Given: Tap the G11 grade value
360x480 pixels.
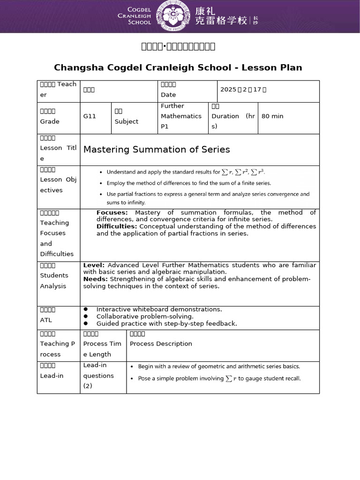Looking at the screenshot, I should pos(90,116).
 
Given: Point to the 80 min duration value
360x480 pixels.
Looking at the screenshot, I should pos(272,116).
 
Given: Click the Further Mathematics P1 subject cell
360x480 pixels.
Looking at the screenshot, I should pos(181,116).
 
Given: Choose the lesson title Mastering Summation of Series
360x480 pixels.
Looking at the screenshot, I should pos(157,150).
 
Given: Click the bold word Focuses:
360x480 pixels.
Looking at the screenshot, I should pos(112,213).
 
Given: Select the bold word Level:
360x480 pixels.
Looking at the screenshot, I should pos(94,265).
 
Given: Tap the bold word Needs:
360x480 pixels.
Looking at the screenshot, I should pos(96,279).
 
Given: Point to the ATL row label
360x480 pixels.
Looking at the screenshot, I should pos(46,320).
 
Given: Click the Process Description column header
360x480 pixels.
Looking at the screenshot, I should pos(161,344).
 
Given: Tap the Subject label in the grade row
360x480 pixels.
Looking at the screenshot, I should pos(126,121).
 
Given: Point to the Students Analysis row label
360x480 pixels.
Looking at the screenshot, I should pos(54,280).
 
